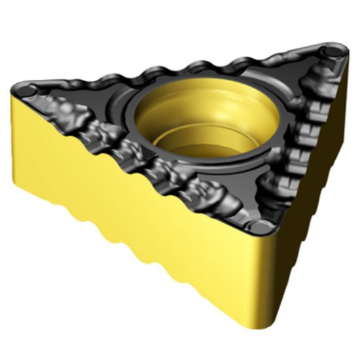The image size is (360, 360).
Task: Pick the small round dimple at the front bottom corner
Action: [x=261, y=226]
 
